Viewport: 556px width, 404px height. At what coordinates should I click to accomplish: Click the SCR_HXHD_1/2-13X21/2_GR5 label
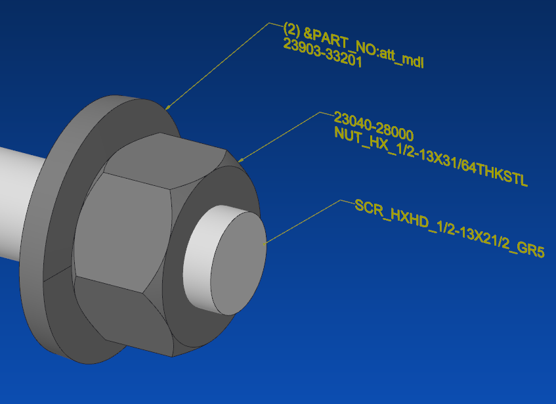(449, 229)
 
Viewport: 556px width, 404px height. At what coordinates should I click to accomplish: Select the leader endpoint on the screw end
(265, 244)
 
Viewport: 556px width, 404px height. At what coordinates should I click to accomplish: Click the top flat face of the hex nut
(164, 158)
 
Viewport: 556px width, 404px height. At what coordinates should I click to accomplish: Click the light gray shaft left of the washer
(20, 204)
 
